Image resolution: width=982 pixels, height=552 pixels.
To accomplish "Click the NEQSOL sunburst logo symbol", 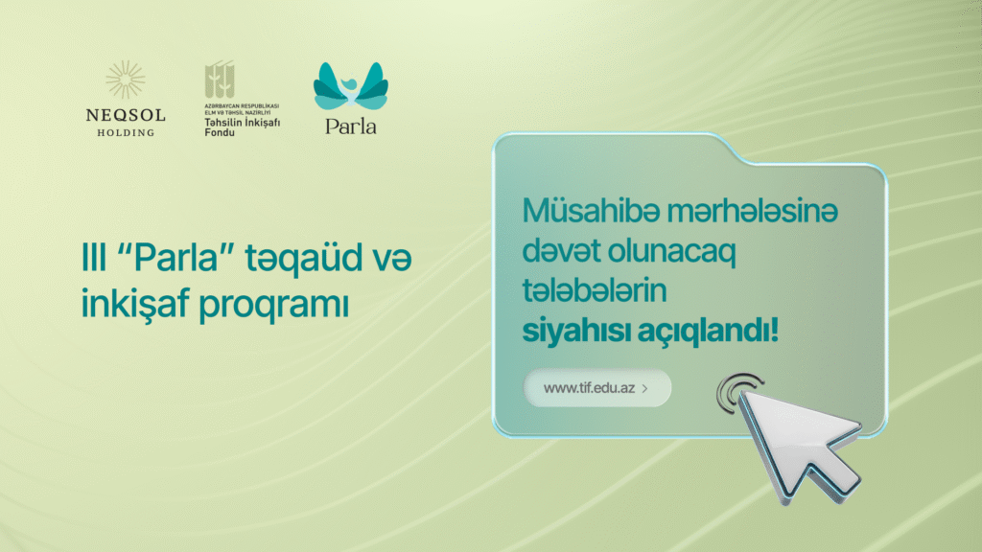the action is click(x=126, y=80).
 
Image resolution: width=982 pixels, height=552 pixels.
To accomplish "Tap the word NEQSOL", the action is click(x=126, y=115).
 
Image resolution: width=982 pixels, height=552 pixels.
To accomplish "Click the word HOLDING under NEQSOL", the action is click(x=126, y=132).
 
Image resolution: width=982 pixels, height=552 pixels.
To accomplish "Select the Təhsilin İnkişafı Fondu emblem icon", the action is click(x=220, y=80).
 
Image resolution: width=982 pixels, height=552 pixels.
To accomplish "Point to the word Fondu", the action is click(x=220, y=132).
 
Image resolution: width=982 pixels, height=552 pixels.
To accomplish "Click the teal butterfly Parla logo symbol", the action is click(x=351, y=85).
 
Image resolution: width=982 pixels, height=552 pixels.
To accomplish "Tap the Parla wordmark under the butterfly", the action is click(x=351, y=126).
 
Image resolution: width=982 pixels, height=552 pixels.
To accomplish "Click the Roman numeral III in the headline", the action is click(x=94, y=257).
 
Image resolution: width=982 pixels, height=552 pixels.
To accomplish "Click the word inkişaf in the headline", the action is click(x=135, y=304).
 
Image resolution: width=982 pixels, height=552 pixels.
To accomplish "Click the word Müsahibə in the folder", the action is click(x=591, y=210).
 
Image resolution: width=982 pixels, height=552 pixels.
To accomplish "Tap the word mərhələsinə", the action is click(x=752, y=211).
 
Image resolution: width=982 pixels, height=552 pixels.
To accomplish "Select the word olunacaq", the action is click(x=672, y=252).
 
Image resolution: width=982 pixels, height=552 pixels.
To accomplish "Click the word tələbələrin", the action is click(x=595, y=290).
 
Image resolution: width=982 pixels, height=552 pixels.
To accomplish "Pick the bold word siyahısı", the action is click(x=576, y=331).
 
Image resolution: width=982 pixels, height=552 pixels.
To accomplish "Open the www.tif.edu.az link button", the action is click(x=597, y=388).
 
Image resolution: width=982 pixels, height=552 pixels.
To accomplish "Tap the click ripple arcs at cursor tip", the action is click(x=734, y=391).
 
